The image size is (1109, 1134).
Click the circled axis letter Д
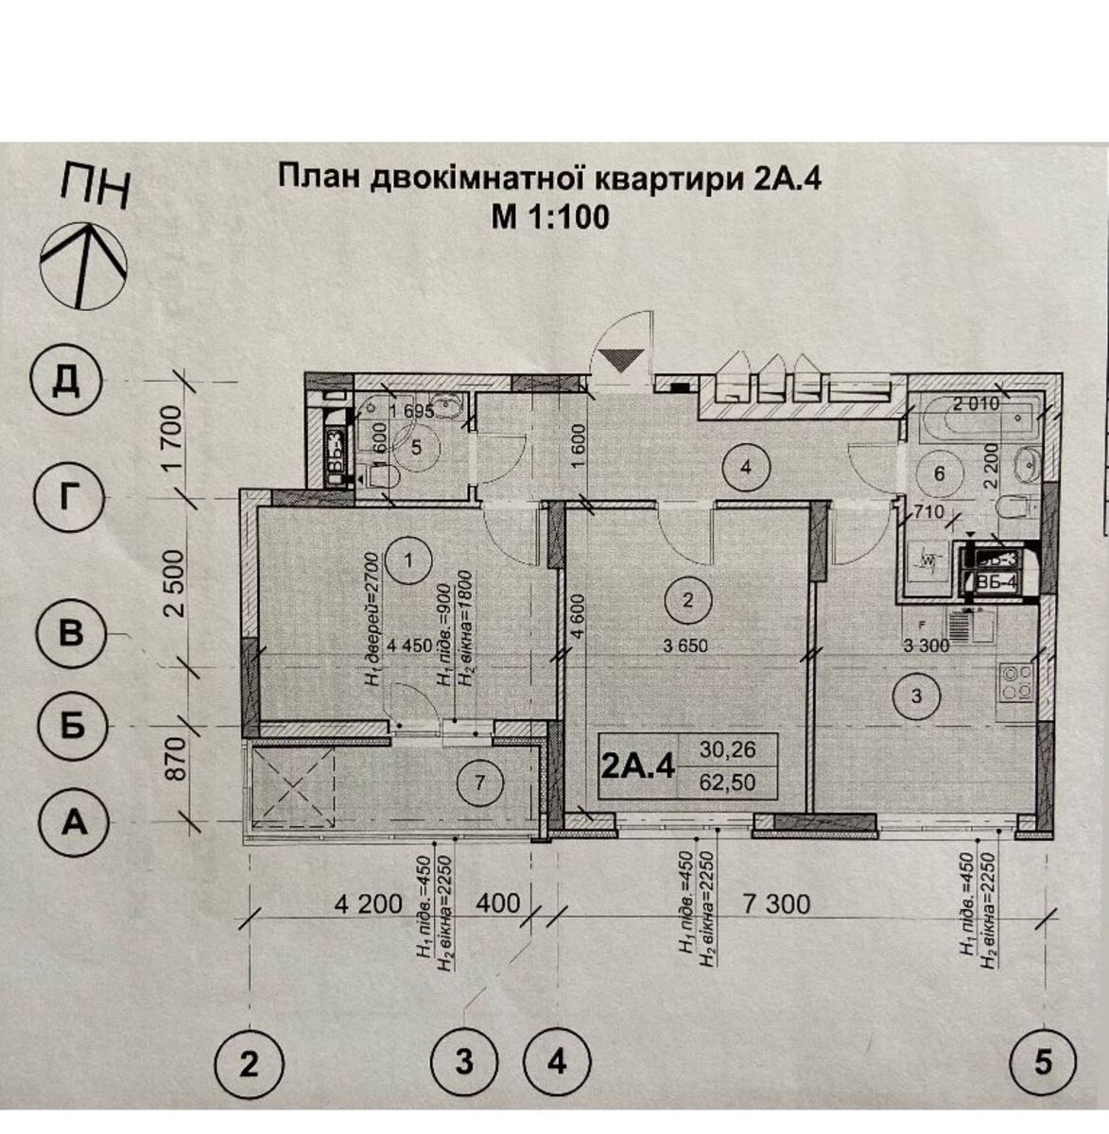click(x=65, y=382)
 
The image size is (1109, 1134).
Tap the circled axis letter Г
click(x=65, y=496)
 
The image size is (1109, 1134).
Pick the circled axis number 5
click(x=1042, y=1063)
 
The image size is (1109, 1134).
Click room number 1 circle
click(x=408, y=562)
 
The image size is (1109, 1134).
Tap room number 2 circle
click(x=688, y=598)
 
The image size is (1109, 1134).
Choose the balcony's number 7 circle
click(x=479, y=782)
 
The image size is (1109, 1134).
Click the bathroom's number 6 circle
click(x=939, y=474)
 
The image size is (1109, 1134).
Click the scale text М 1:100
click(x=549, y=217)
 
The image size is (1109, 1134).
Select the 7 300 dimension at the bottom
click(x=776, y=904)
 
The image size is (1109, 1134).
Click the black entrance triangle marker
click(x=620, y=360)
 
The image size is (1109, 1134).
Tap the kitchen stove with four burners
click(x=1016, y=683)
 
